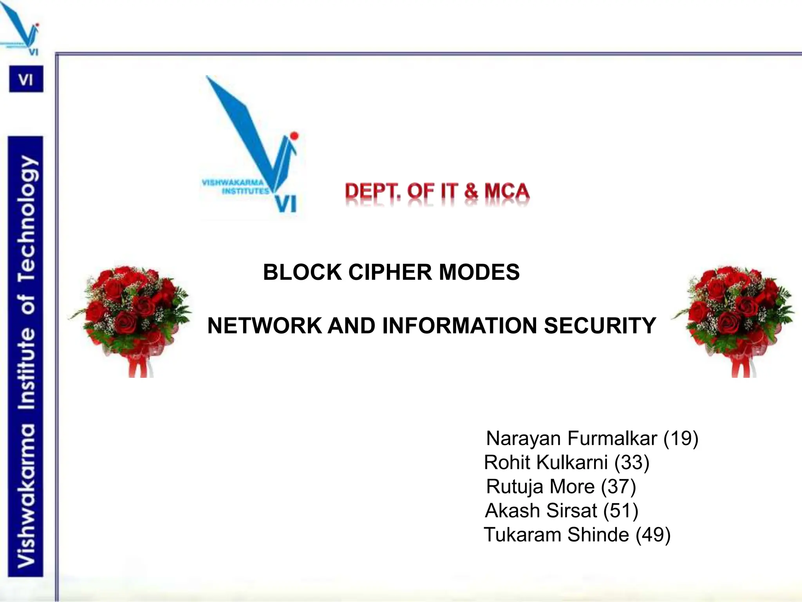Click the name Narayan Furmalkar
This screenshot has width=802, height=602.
coord(571,438)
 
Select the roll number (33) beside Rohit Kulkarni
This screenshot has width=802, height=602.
coord(632,462)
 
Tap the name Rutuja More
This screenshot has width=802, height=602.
coord(540,487)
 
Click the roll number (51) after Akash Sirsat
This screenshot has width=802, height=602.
coord(621,511)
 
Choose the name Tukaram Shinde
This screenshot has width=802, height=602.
coord(556,535)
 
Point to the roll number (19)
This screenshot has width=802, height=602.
coord(681,438)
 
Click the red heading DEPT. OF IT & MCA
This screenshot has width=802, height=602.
coord(437,192)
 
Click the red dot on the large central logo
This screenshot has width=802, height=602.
coord(294,136)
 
